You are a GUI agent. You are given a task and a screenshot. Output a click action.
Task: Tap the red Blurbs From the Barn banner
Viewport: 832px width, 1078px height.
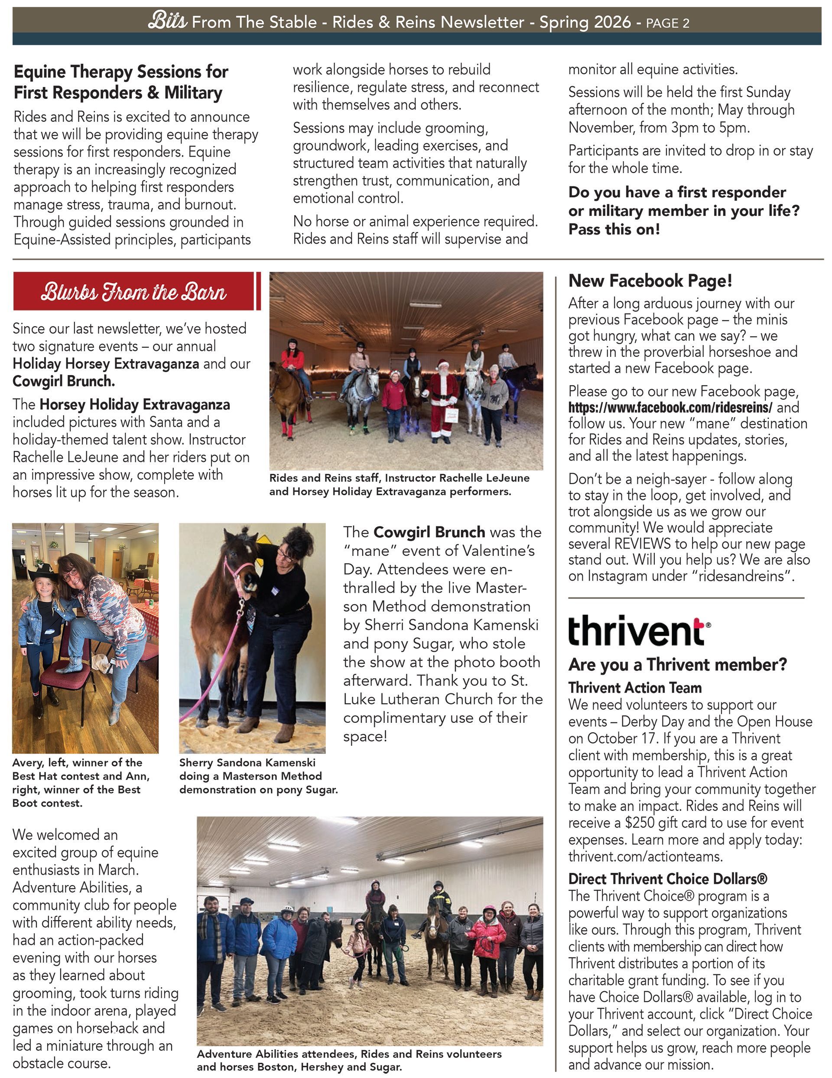tap(134, 292)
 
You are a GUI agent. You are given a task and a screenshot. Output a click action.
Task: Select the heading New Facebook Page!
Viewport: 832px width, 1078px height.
tap(650, 281)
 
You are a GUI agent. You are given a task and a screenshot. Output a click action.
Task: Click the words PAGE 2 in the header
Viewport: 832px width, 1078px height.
tap(667, 23)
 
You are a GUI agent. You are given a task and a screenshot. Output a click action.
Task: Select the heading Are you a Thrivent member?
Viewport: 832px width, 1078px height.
tap(678, 664)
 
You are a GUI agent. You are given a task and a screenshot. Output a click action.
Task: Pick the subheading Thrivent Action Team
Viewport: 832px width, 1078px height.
tap(635, 688)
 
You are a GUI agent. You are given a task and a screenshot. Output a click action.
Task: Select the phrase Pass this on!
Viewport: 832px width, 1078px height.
tap(614, 229)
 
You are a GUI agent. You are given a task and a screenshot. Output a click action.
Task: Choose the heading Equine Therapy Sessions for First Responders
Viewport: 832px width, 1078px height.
tap(121, 82)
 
